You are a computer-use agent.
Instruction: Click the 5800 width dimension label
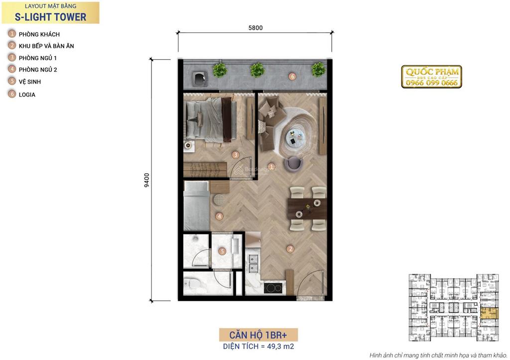click(x=255, y=28)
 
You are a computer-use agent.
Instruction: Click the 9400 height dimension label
click(x=147, y=180)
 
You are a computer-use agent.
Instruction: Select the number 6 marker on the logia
click(x=292, y=76)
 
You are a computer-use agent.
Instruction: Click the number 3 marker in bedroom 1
click(x=236, y=155)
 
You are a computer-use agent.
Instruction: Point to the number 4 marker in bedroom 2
click(x=220, y=216)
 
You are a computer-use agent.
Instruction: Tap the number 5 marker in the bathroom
click(x=222, y=251)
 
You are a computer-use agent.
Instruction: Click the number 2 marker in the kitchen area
click(x=290, y=249)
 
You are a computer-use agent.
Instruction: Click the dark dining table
click(x=307, y=209)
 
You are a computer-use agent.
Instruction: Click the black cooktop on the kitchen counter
click(x=272, y=288)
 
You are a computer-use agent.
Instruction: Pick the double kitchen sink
click(x=253, y=263)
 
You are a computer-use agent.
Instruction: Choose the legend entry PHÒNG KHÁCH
click(x=39, y=34)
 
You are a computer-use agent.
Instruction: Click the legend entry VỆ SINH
click(x=30, y=82)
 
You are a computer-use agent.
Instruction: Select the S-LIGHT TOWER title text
click(x=50, y=17)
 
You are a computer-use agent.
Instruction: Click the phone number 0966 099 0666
click(x=432, y=83)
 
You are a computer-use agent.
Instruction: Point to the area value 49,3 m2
click(x=280, y=347)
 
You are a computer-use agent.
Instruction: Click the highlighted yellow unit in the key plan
click(x=489, y=314)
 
